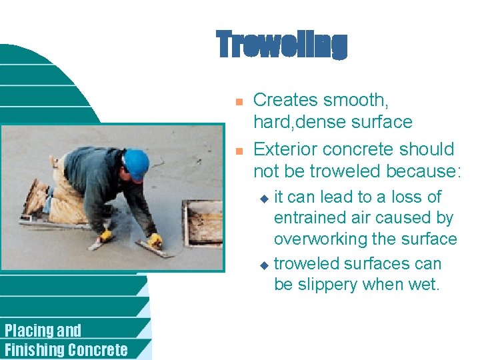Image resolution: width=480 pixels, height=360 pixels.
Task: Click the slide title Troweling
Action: click(281, 45)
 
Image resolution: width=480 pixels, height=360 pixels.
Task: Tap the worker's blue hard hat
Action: click(136, 163)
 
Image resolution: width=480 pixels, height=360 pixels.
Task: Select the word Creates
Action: click(285, 101)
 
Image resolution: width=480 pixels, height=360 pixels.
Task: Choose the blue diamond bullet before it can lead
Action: click(263, 198)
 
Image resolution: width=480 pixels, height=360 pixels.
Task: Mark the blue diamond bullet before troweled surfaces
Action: click(263, 265)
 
